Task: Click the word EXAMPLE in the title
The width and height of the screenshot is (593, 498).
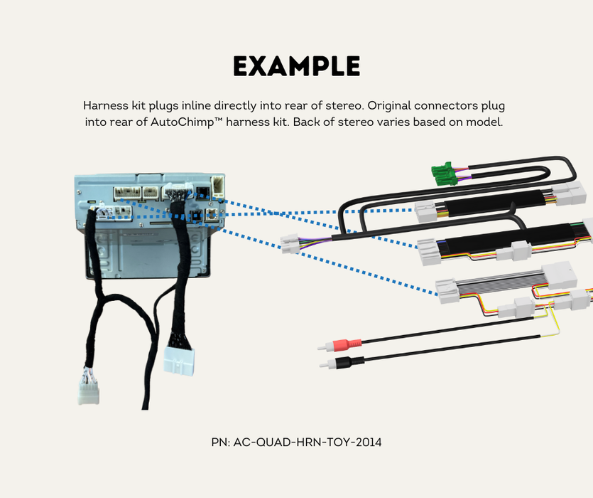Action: pyautogui.click(x=296, y=66)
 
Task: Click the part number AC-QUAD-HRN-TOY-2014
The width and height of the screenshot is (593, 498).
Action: pyautogui.click(x=307, y=443)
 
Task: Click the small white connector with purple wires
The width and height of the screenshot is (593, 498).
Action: pyautogui.click(x=290, y=244)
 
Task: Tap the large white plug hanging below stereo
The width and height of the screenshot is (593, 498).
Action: pyautogui.click(x=178, y=360)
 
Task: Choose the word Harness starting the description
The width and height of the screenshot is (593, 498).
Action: pyautogui.click(x=104, y=105)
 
